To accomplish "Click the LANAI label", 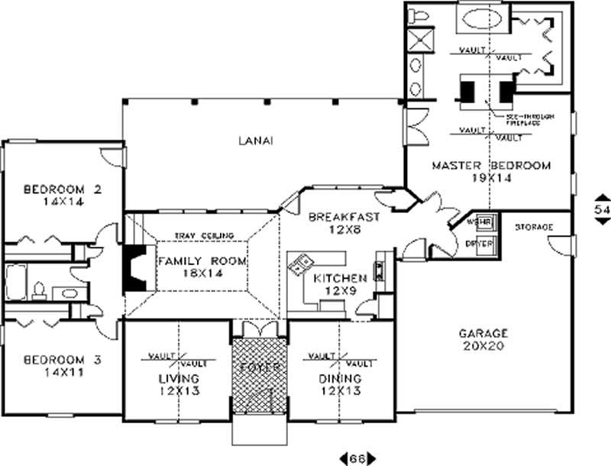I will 255,141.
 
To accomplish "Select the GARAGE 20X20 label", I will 483,339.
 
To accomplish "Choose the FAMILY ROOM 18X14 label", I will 202,267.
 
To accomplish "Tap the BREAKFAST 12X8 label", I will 344,223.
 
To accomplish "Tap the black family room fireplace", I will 134,267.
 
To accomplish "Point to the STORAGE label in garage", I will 533,227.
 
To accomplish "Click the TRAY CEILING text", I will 203,235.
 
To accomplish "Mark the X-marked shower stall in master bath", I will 421,39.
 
